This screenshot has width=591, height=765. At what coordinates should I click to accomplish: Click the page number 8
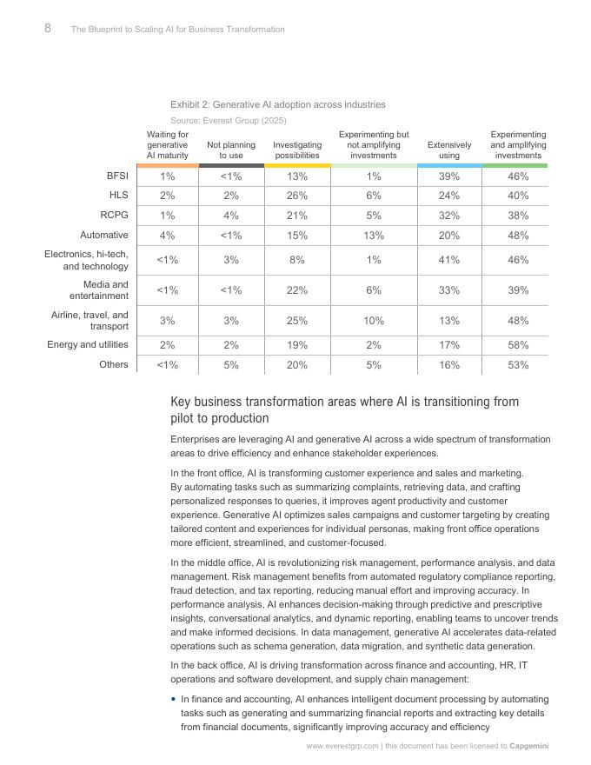(x=48, y=28)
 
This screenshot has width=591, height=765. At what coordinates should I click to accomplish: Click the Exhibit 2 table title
(x=277, y=104)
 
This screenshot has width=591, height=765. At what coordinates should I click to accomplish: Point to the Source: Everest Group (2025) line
(x=228, y=120)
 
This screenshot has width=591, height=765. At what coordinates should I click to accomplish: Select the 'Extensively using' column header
(x=449, y=150)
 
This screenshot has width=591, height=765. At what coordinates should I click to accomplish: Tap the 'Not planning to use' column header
(x=231, y=150)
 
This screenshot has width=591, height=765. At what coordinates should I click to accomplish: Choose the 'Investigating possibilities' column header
(x=297, y=150)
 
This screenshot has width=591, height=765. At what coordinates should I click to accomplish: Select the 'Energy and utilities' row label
(x=88, y=344)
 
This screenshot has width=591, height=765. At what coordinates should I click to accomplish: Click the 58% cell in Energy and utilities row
(x=518, y=345)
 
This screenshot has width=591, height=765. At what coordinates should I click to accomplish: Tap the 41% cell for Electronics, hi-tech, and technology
(x=449, y=259)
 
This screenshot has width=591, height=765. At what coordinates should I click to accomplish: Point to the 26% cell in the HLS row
(x=297, y=196)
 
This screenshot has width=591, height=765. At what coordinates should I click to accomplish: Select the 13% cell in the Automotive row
(x=374, y=235)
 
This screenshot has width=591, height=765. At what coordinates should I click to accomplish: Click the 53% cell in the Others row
(x=518, y=365)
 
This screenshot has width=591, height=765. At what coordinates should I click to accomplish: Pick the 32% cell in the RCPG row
(x=449, y=216)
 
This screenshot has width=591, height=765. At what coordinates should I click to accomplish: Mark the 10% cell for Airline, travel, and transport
(x=374, y=321)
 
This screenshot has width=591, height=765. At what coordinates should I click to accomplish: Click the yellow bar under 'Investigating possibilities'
(x=297, y=165)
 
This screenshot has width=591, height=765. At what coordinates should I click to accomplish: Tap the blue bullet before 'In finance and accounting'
(x=174, y=699)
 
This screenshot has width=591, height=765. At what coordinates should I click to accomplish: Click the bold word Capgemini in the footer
(x=529, y=746)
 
